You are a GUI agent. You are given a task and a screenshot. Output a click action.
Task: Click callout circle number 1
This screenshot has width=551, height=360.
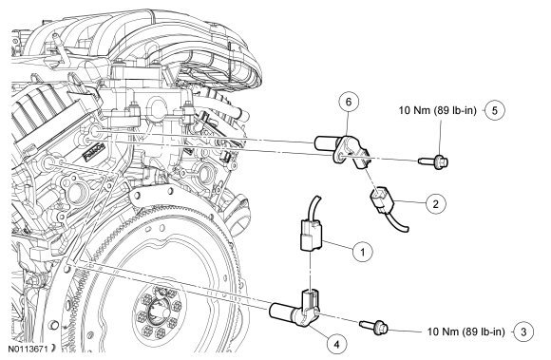point(362,252)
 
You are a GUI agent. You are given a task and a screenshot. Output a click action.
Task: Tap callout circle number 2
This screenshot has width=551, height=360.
point(436,203)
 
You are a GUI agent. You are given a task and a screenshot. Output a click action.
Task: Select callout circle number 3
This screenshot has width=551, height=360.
point(523,332)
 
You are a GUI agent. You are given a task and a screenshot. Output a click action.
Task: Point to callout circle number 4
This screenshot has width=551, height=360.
point(336,345)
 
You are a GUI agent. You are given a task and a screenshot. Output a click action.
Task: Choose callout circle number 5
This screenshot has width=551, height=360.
point(495,110)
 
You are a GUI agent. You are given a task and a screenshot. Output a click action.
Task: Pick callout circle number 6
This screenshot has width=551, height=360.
point(349,102)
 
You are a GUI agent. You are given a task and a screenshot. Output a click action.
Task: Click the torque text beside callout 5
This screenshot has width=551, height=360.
point(438,110)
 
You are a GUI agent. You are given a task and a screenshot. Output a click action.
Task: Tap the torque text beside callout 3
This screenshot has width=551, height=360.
point(465,332)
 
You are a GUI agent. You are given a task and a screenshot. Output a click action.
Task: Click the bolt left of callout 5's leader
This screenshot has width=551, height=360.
point(433,161)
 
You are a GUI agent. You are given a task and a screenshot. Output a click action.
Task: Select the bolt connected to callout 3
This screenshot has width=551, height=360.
point(374,327)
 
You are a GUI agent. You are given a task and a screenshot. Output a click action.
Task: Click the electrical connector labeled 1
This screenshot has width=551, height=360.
point(312,235)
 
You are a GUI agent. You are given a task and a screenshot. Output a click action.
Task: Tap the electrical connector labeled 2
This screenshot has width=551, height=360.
point(381,201)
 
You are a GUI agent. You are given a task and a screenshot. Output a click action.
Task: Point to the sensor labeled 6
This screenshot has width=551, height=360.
point(341,150)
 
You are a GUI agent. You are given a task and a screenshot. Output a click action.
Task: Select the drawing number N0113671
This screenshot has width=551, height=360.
point(29,349)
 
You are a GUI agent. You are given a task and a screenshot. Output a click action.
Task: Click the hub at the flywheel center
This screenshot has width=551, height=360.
point(157,310)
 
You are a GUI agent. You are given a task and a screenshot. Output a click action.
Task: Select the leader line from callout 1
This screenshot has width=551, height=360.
point(338,246)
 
